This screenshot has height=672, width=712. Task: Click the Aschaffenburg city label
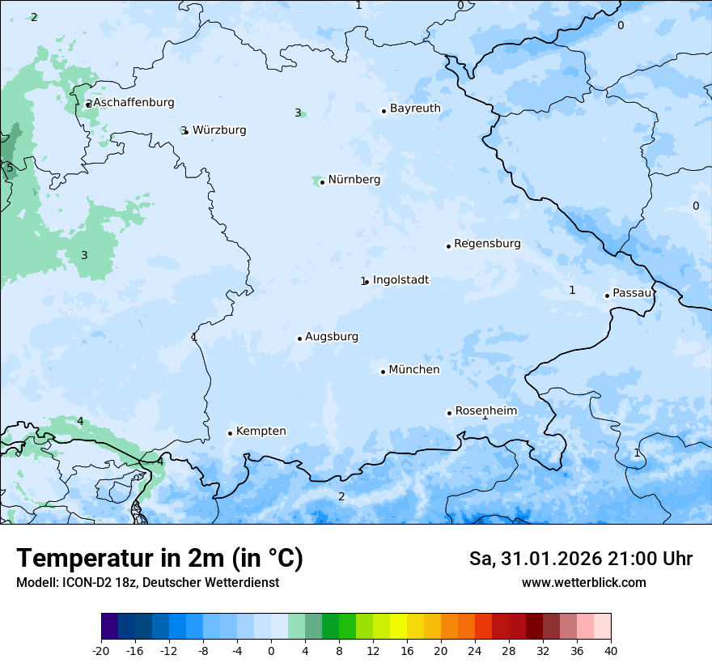133,103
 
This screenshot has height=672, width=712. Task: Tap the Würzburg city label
219,130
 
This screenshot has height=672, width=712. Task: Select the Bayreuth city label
415,108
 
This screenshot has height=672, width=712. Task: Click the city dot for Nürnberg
322,182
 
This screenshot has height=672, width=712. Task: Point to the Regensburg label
487,244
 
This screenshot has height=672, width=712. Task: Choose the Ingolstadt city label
400,280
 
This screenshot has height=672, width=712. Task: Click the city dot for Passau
607,296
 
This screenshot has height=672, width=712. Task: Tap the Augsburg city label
332,337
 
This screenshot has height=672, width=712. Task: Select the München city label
414,370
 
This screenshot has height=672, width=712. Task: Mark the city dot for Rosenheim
449,413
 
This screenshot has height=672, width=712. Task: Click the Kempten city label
261,432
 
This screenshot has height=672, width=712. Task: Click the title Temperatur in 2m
159,559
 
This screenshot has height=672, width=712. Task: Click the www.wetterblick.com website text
583,582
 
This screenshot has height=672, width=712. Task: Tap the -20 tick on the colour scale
101,650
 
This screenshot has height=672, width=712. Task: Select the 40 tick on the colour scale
611,650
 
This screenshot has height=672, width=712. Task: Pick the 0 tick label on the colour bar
271,650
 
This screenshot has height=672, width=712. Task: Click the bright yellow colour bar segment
398,626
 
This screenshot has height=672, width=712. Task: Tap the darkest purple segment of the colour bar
109,626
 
